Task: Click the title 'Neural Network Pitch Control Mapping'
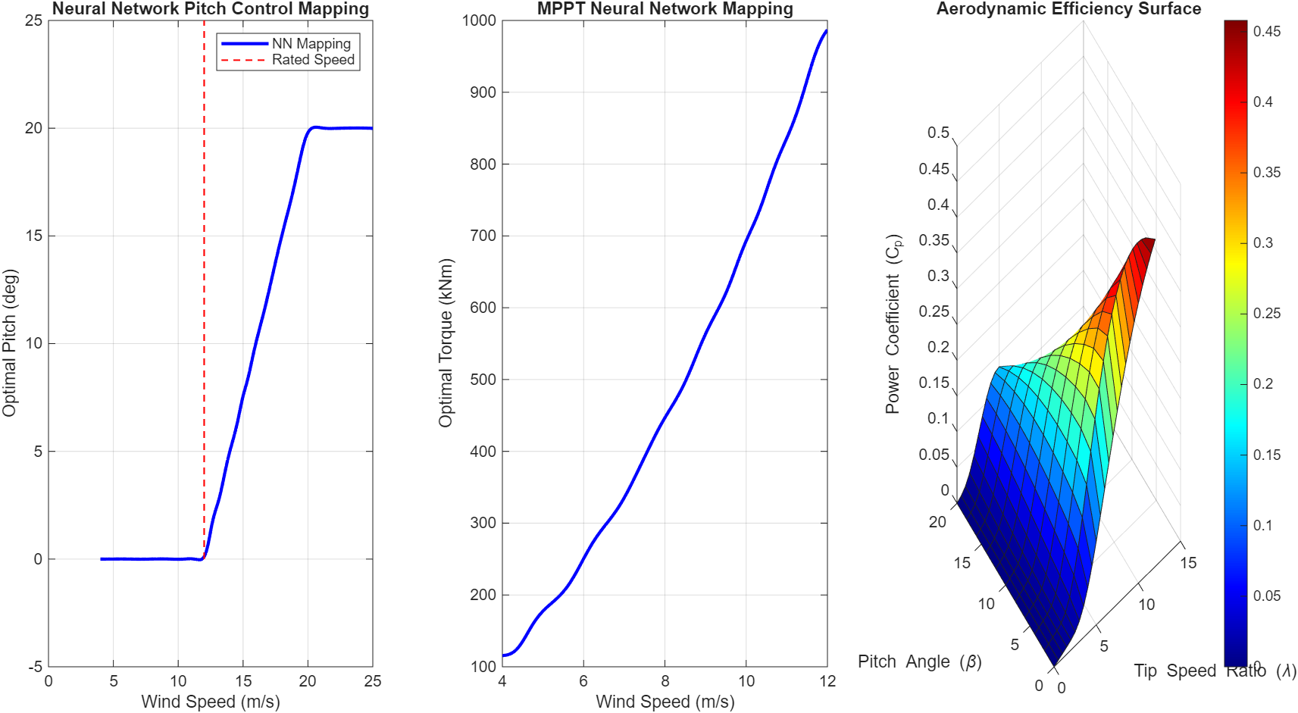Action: click(210, 9)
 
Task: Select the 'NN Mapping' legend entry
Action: click(311, 44)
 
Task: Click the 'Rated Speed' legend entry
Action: click(313, 60)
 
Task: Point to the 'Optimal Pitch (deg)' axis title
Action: click(9, 342)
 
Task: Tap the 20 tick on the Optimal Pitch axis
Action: click(33, 128)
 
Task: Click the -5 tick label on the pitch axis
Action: click(35, 667)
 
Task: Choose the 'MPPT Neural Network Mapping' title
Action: click(665, 9)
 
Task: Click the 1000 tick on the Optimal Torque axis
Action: click(479, 20)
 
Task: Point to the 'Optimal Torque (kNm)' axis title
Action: click(446, 342)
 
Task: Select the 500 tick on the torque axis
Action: click(483, 380)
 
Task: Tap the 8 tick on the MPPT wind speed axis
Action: click(665, 681)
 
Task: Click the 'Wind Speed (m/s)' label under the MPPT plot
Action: click(665, 702)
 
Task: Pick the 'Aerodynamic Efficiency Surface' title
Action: click(1068, 9)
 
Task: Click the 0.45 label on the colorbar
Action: click(1266, 31)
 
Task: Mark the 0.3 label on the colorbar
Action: click(1262, 242)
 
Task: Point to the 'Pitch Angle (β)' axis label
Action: click(919, 661)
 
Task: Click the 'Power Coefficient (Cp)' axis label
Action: click(893, 324)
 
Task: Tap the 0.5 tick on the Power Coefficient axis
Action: click(938, 133)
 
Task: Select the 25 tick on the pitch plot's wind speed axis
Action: click(372, 681)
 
